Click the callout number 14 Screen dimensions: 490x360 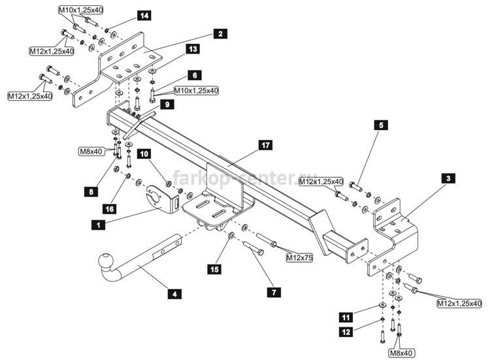click(x=144, y=15)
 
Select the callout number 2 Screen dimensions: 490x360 click(x=220, y=33)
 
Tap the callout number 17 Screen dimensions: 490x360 click(x=265, y=145)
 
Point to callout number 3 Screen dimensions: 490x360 click(x=448, y=178)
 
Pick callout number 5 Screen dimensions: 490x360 click(x=381, y=125)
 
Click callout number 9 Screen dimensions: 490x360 click(x=167, y=104)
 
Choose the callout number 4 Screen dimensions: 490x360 click(x=174, y=294)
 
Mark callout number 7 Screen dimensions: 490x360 click(x=274, y=292)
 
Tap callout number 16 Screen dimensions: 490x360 click(x=110, y=208)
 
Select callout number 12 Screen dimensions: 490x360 click(x=346, y=331)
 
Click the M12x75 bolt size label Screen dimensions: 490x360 click(x=300, y=257)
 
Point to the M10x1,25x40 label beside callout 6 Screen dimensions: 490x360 click(x=196, y=91)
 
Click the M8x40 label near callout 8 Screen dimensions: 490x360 click(x=91, y=152)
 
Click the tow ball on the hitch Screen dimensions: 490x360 click(x=105, y=260)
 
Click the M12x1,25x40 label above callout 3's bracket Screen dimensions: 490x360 click(x=321, y=181)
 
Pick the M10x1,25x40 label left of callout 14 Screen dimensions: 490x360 click(x=81, y=10)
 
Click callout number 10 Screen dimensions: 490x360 click(x=144, y=154)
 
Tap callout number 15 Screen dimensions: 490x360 click(x=214, y=269)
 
